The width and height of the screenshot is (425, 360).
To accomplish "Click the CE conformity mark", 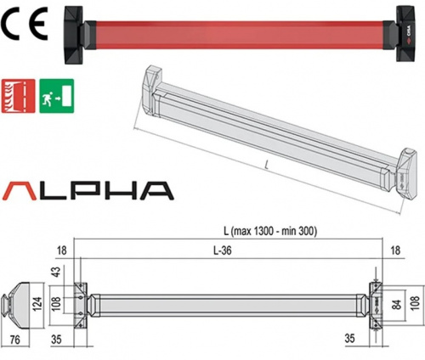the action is (24, 24).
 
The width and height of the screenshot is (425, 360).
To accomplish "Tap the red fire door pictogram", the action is (19, 96).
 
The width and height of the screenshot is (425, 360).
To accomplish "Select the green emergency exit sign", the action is (57, 96).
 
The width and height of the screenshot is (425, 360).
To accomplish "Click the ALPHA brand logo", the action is (88, 191).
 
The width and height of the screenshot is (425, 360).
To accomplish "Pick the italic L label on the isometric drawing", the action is (266, 165).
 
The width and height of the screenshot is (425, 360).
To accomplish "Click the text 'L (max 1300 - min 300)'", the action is (270, 231).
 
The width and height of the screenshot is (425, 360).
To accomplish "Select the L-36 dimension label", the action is (222, 250).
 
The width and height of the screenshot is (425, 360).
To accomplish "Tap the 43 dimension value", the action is (57, 272).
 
